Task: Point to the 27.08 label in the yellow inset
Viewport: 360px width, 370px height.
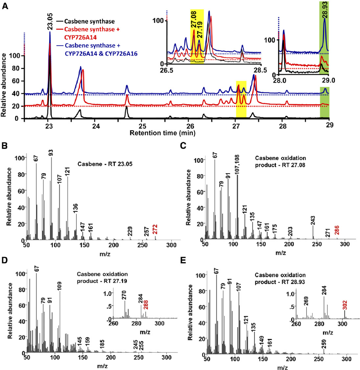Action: click(x=194, y=25)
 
